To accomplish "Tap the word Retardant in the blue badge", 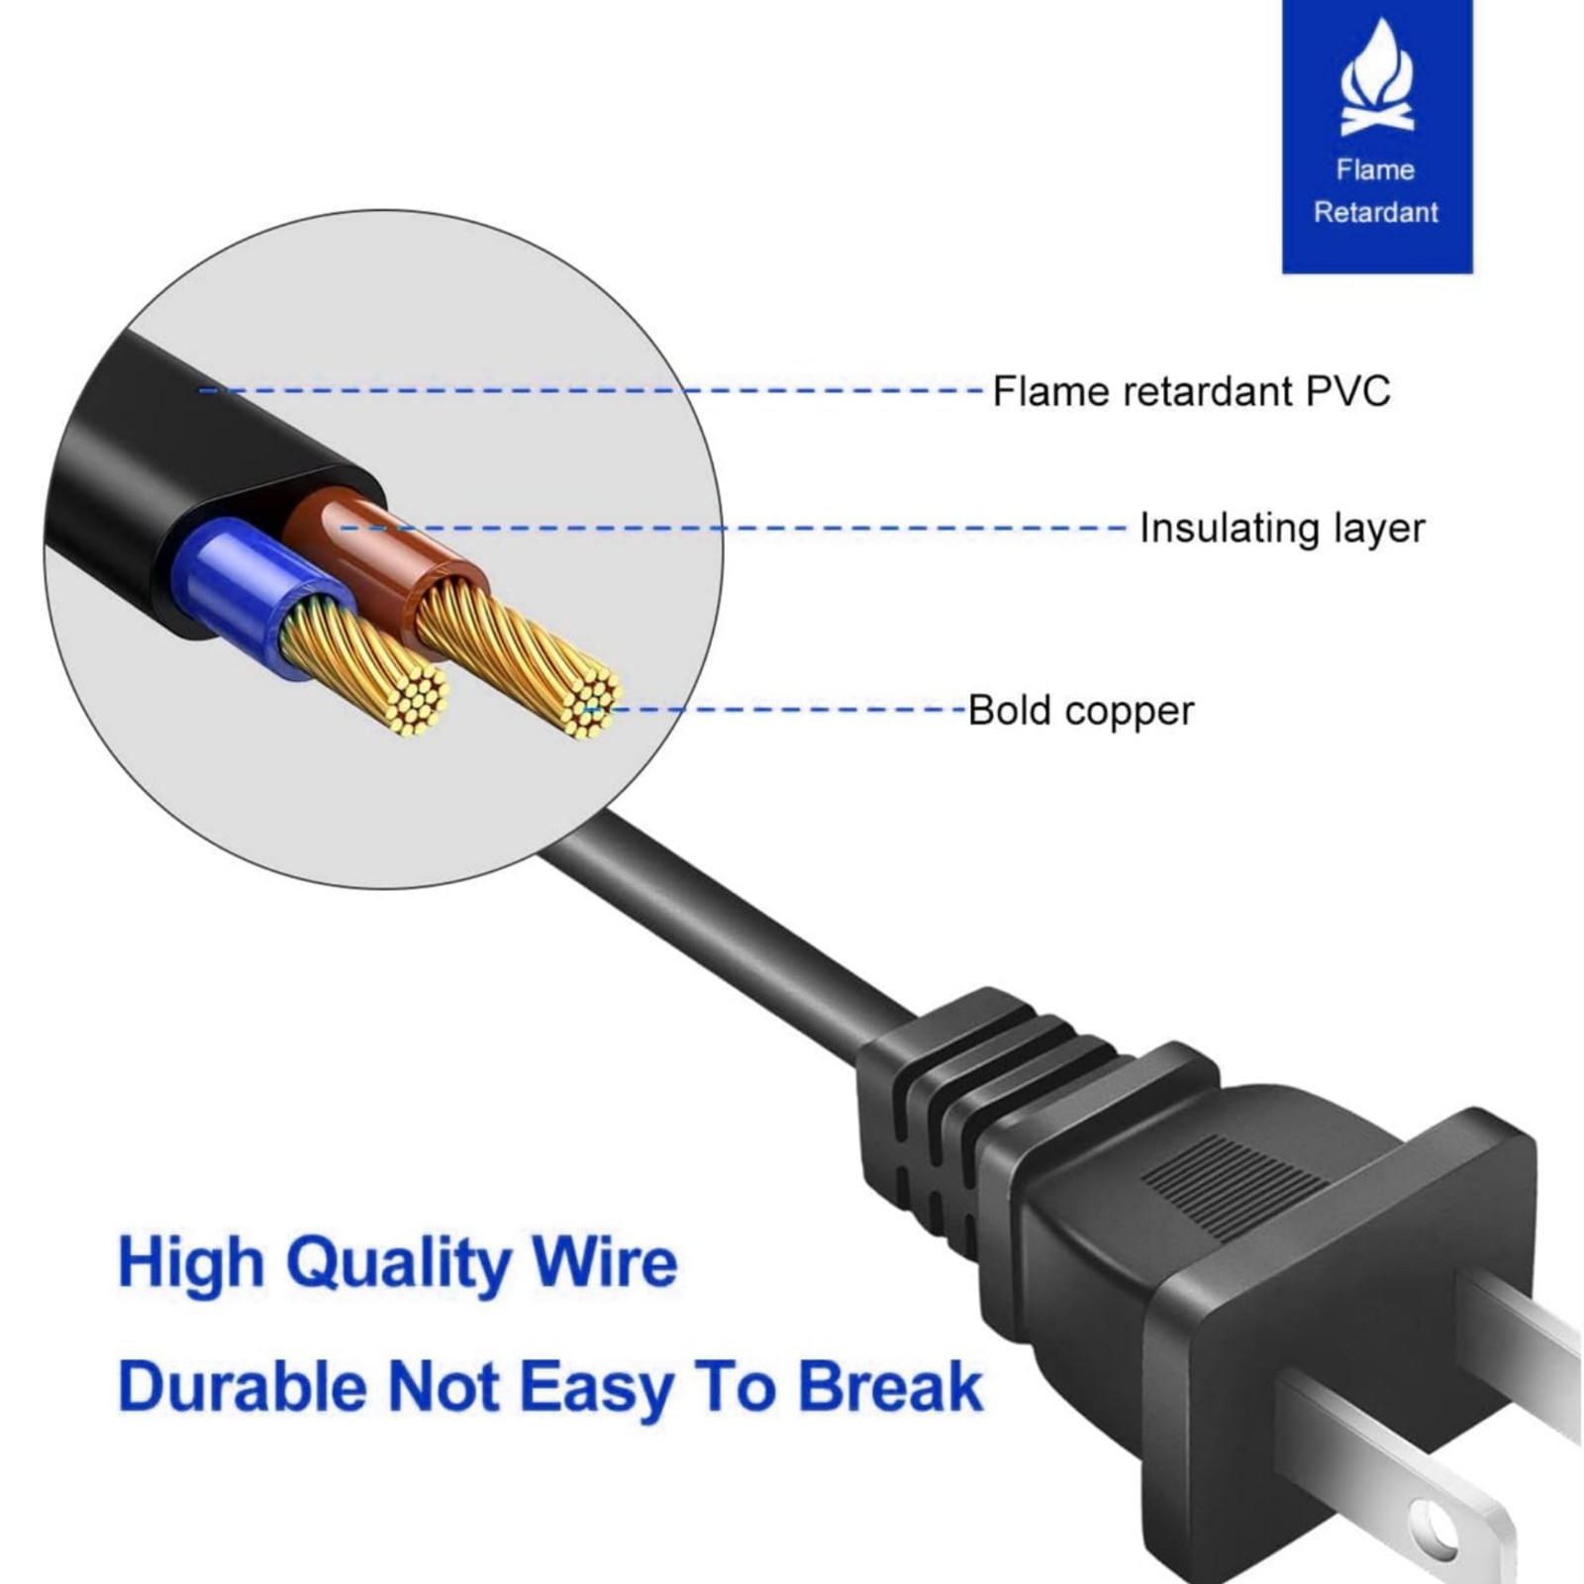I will coord(1376,212).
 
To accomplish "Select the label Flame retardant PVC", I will coord(1191,391).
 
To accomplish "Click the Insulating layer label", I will coord(1282,528).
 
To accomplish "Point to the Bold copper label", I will coord(1081,711).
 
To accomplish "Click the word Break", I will coord(889,1386).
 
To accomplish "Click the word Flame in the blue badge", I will coord(1375,170).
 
